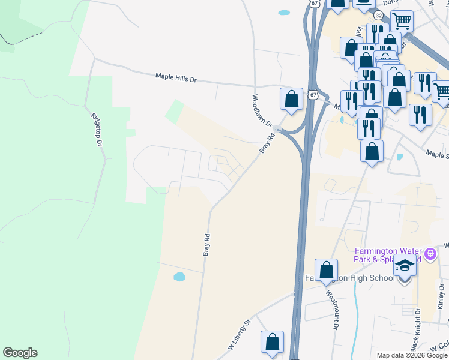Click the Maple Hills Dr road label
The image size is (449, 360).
pyautogui.click(x=176, y=78)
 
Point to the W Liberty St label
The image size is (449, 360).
pyautogui.click(x=238, y=336)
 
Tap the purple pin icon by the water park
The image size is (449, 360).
pyautogui.click(x=430, y=254)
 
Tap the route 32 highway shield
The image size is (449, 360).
pyautogui.click(x=378, y=14)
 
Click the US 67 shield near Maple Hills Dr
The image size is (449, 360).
pyautogui.click(x=312, y=95)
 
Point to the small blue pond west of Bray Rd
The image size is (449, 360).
pyautogui.click(x=179, y=277)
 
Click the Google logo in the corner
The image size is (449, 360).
pyautogui.click(x=20, y=353)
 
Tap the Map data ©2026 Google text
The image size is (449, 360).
pyautogui.click(x=411, y=355)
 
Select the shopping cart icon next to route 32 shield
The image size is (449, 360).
pyautogui.click(x=402, y=22)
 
